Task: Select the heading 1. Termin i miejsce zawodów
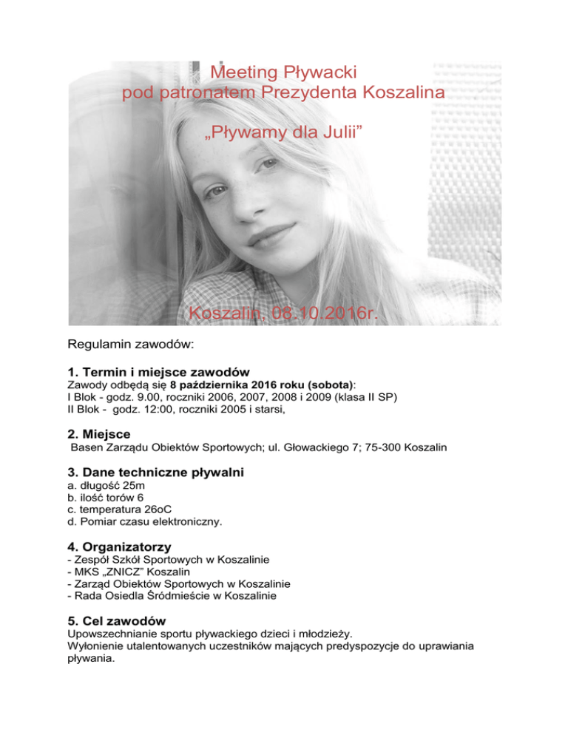click(x=158, y=372)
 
